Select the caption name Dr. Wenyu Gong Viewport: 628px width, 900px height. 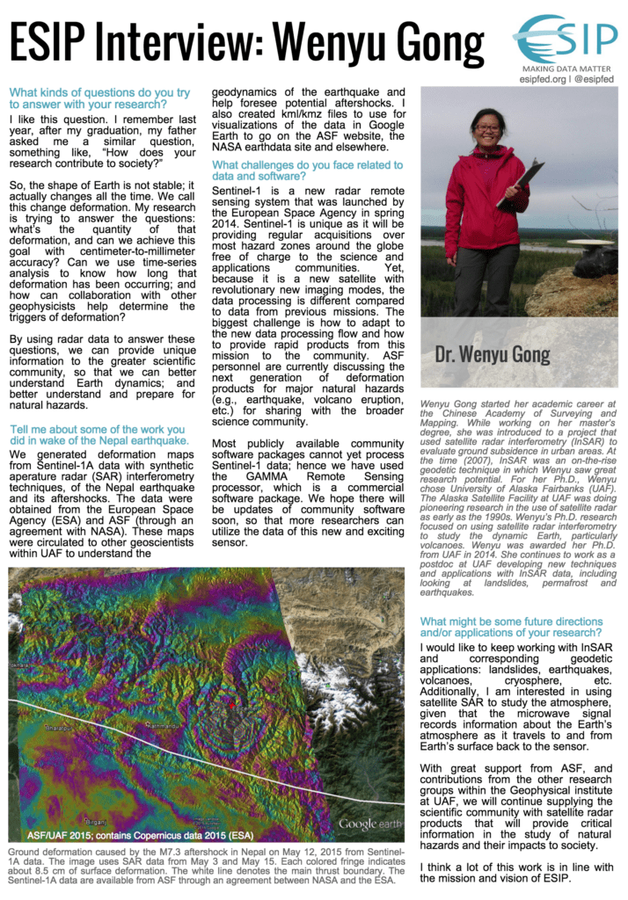[x=492, y=355]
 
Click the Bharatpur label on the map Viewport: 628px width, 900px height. [x=53, y=728]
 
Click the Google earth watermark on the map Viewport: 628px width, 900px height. [x=369, y=824]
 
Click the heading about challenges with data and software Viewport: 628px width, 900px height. [x=308, y=171]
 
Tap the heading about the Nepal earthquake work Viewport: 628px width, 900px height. [x=99, y=434]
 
